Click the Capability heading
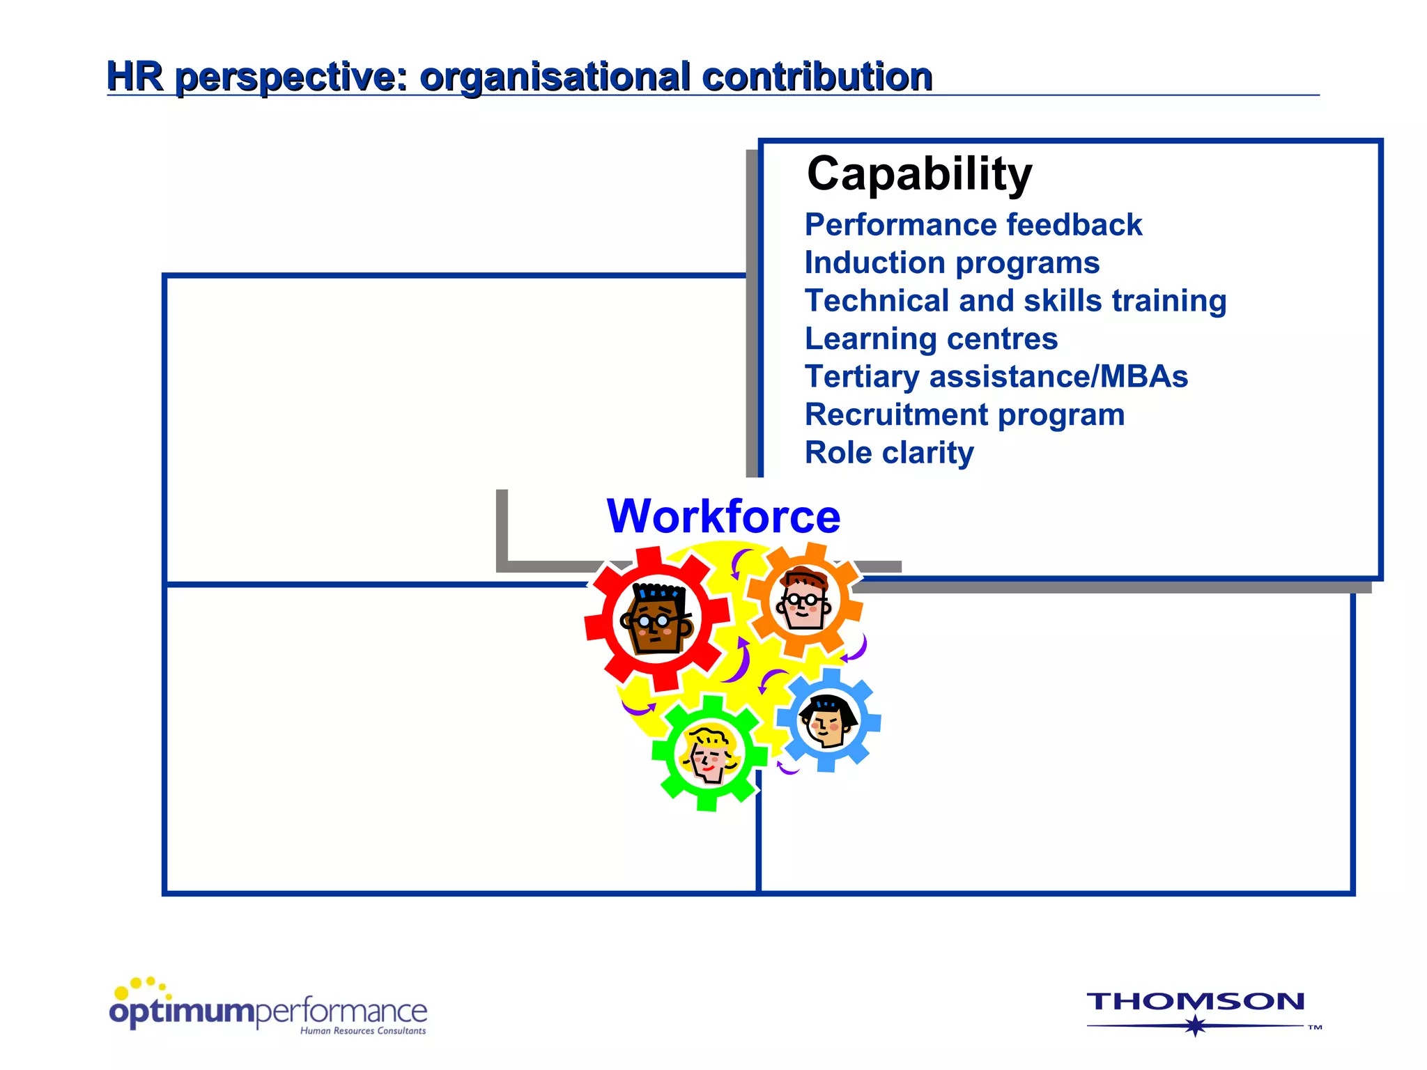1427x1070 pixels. click(919, 173)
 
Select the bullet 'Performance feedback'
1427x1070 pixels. click(973, 225)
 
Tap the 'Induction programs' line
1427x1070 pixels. click(952, 263)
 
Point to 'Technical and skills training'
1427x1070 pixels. click(1015, 301)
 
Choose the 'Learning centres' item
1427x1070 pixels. click(931, 339)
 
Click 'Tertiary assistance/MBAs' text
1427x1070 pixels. click(996, 377)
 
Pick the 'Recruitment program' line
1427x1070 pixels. click(964, 415)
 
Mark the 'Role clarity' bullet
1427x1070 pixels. click(889, 453)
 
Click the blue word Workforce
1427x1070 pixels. click(723, 516)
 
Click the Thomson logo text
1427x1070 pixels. click(1195, 1002)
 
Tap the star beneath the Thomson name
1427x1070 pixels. click(1196, 1025)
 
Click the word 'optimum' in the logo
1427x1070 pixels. click(182, 1012)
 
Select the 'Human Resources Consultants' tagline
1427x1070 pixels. click(362, 1031)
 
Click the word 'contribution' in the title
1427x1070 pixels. click(817, 76)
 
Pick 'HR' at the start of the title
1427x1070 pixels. click(134, 76)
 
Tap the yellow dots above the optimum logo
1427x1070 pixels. click(142, 986)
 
